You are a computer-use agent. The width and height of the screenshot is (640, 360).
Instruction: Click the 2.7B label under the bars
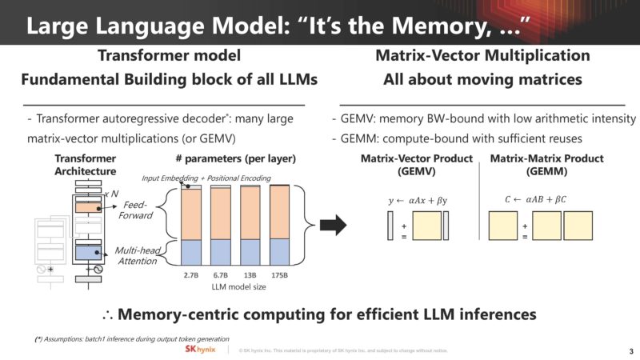coord(190,274)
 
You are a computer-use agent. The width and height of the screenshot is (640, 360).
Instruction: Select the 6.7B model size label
coord(221,274)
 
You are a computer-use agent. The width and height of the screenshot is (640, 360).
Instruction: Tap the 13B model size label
coord(250,274)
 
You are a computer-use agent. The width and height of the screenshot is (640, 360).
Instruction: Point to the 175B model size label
coord(280,274)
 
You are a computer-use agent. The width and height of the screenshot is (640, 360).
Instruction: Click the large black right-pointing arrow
coord(334,226)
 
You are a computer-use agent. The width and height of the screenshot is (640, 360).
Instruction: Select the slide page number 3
coord(630,350)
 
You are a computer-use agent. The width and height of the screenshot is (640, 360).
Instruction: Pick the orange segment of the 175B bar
coord(280,212)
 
